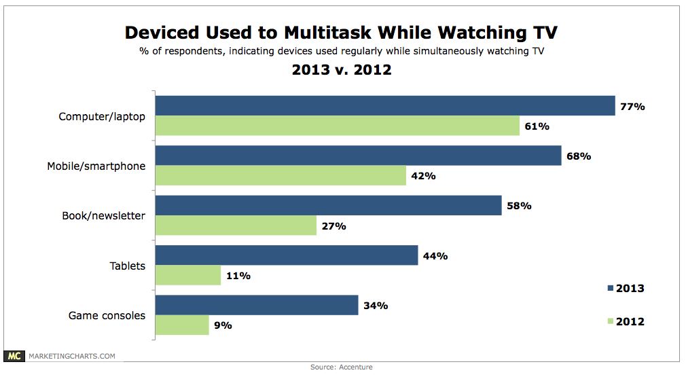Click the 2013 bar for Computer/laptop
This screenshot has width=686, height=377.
[x=385, y=106]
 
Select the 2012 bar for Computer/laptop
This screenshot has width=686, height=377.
[x=338, y=126]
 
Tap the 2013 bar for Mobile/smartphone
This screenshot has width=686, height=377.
[x=359, y=156]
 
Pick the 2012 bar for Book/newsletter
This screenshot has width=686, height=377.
[x=236, y=226]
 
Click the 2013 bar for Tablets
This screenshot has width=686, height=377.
[x=287, y=255]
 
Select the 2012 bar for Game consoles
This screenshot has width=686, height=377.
[x=182, y=325]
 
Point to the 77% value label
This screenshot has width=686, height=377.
[x=632, y=106]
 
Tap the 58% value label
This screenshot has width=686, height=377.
[x=518, y=206]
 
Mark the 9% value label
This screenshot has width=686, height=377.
[x=223, y=325]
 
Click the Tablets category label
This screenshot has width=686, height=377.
[x=128, y=266]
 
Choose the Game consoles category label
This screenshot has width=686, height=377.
[x=107, y=315]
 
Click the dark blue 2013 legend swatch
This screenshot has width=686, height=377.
[x=609, y=289]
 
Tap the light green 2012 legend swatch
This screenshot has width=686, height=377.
[x=609, y=321]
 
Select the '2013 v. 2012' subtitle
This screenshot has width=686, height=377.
[x=342, y=69]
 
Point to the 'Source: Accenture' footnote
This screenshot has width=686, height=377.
[x=342, y=367]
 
